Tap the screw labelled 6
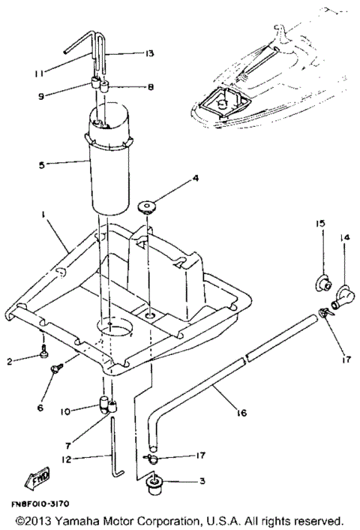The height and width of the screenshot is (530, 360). pos(56,368)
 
